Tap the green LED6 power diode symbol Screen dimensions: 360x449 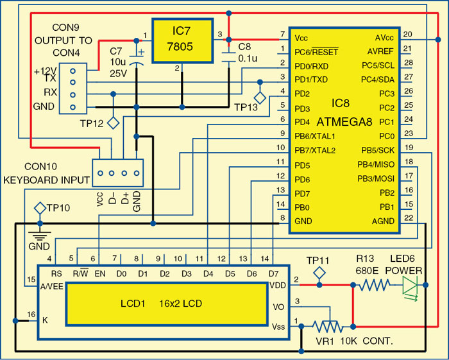tap(408, 286)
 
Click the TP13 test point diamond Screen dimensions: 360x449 tap(260, 97)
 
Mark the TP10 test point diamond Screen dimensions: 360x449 tap(38, 208)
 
